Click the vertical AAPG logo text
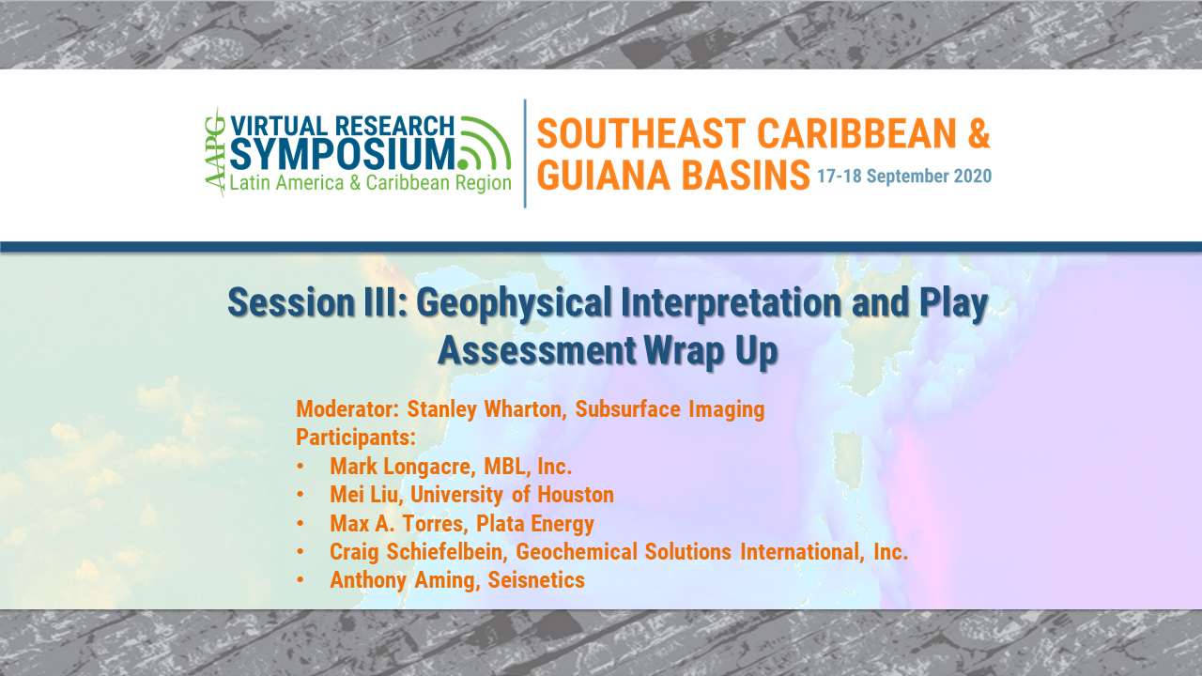pyautogui.click(x=216, y=152)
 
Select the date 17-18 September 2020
pyautogui.click(x=903, y=177)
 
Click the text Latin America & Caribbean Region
pyautogui.click(x=371, y=183)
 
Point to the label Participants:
pyautogui.click(x=356, y=438)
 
